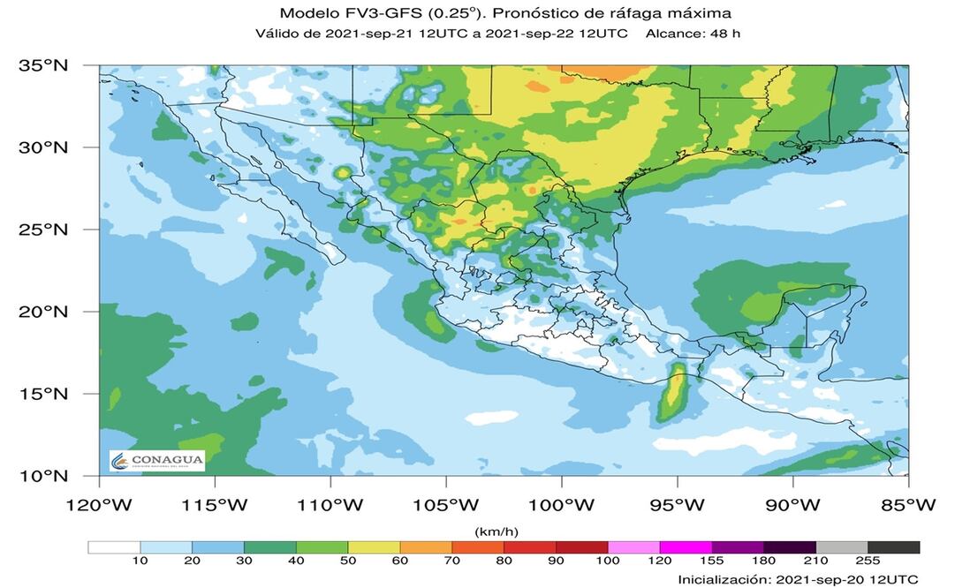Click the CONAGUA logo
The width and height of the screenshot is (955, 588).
pyautogui.click(x=157, y=460)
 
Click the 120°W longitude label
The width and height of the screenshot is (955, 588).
pyautogui.click(x=99, y=505)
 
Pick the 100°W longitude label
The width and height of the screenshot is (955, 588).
pyautogui.click(x=562, y=505)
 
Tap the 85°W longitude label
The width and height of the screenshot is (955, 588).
pyautogui.click(x=908, y=505)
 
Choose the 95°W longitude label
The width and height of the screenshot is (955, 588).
pyautogui.click(x=678, y=505)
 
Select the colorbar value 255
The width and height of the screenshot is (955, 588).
pyautogui.click(x=868, y=562)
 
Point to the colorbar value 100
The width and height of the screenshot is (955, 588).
pyautogui.click(x=608, y=562)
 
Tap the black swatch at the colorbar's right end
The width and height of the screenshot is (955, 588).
pyautogui.click(x=894, y=547)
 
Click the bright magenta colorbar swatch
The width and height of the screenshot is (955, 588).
pyautogui.click(x=686, y=547)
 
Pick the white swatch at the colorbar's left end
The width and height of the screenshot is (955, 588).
pyautogui.click(x=114, y=547)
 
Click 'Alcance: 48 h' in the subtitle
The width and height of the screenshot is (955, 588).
pyautogui.click(x=693, y=34)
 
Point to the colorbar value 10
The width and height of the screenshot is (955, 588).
pyautogui.click(x=140, y=562)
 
